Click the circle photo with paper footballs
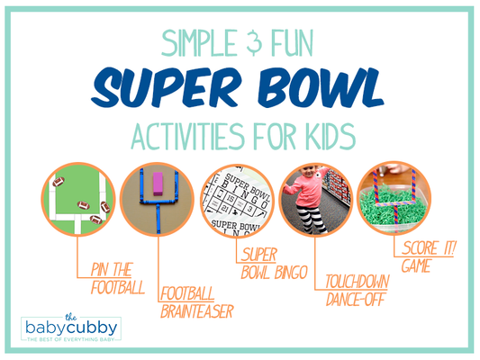(x=77, y=201)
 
